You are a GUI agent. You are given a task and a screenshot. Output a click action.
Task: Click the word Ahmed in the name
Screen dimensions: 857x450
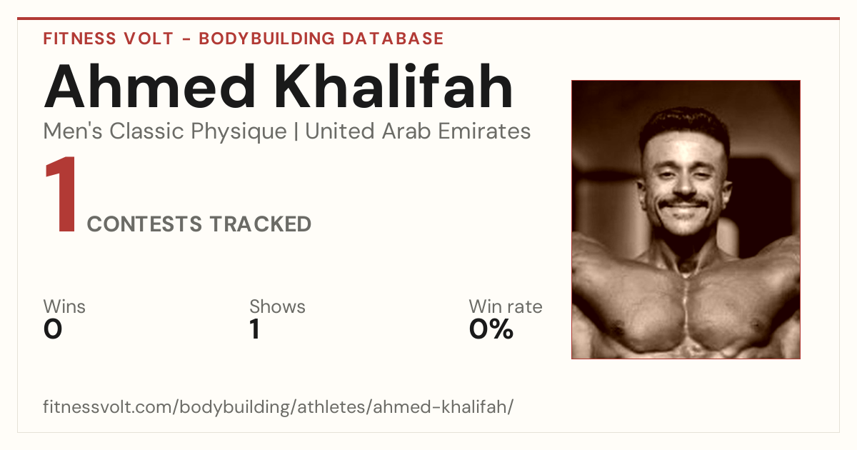(x=149, y=86)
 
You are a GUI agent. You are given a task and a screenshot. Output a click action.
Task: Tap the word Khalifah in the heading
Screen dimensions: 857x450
(x=394, y=86)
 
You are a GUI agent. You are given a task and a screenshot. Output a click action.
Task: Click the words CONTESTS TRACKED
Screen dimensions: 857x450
(x=199, y=224)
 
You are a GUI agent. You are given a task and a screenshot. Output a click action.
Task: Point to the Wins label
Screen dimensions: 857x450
(x=64, y=306)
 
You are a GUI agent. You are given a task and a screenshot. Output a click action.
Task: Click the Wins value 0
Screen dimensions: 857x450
(x=52, y=329)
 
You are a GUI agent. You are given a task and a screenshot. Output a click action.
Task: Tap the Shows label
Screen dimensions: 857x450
(x=277, y=306)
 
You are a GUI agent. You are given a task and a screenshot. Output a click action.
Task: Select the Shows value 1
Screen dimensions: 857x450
(x=255, y=329)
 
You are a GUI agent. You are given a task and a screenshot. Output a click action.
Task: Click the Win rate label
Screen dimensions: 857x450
(x=506, y=306)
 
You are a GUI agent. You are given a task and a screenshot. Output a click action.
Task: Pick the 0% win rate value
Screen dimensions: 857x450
(x=491, y=329)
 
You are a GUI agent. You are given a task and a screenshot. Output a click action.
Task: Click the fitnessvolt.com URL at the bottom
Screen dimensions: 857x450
(x=278, y=406)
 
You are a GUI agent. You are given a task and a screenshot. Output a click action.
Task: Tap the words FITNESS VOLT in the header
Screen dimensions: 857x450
(x=109, y=39)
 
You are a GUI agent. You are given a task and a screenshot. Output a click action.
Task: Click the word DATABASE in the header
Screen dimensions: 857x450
(x=393, y=39)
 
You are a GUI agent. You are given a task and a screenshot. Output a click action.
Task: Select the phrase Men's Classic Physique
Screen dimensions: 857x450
(x=165, y=131)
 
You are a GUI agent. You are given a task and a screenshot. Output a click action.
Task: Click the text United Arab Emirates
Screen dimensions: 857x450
(x=418, y=131)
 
